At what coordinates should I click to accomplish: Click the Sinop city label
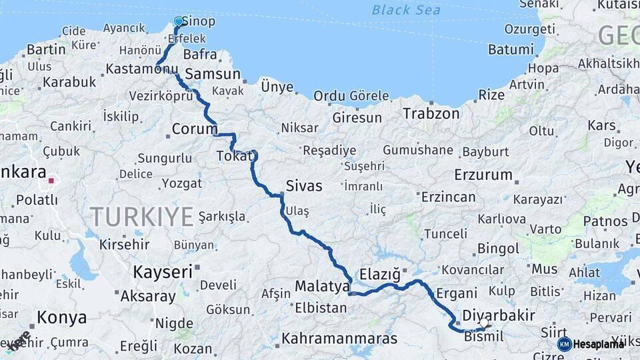tap(199, 22)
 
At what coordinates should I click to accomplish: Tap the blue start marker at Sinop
tap(179, 21)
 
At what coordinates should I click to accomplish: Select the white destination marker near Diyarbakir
tap(483, 323)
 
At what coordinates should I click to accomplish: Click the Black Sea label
tap(406, 10)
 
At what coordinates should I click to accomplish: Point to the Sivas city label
tap(303, 186)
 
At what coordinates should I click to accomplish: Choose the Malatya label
tap(322, 287)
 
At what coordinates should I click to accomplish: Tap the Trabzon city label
tap(431, 113)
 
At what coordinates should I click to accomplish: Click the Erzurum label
tap(483, 175)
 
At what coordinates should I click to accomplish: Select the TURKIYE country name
tap(142, 216)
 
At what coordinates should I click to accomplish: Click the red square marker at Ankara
tap(51, 180)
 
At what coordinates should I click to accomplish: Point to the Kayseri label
tap(163, 272)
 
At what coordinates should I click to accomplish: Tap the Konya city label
tap(61, 317)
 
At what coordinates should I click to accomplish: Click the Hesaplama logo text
tap(599, 344)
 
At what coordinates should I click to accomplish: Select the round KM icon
tap(564, 344)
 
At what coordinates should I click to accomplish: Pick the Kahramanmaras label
tap(339, 339)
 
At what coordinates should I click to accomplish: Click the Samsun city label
tap(213, 74)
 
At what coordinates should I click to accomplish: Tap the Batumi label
tap(511, 50)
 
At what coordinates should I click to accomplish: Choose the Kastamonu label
tap(142, 69)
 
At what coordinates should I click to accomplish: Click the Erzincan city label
tap(448, 197)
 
